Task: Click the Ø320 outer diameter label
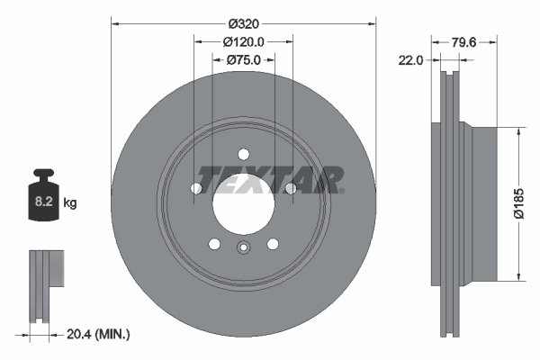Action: click(x=243, y=22)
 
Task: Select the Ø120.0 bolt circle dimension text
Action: click(x=243, y=41)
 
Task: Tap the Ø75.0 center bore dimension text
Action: click(x=243, y=60)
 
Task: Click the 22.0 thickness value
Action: click(x=412, y=60)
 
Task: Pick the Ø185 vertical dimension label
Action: click(x=518, y=203)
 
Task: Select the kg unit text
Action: click(x=70, y=203)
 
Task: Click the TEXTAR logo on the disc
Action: click(x=270, y=179)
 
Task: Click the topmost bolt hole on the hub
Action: click(x=243, y=154)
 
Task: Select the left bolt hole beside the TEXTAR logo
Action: click(x=196, y=188)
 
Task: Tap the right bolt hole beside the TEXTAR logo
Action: click(x=290, y=188)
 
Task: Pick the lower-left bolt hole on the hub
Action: click(x=214, y=243)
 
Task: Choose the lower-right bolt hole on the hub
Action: click(x=272, y=243)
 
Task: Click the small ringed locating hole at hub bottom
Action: click(x=243, y=250)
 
